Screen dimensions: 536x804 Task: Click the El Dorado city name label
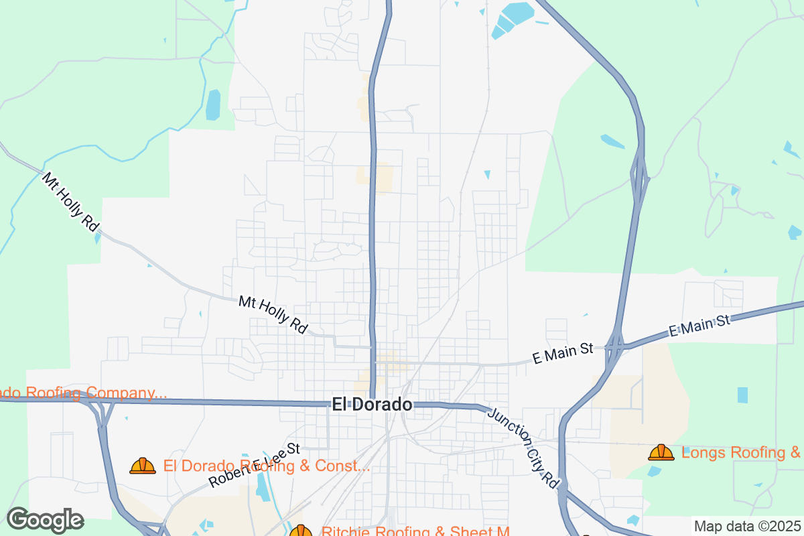(372, 405)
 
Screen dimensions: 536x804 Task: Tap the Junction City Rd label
(523, 448)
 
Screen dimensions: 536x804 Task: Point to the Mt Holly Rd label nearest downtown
(273, 315)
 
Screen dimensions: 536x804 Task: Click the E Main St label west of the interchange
(563, 353)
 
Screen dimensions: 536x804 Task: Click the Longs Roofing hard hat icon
(661, 453)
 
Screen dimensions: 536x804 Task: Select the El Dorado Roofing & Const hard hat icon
(143, 466)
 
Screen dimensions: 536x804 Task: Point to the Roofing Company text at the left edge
(80, 393)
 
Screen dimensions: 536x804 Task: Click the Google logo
(45, 519)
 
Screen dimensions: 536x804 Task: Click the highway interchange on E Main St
(615, 347)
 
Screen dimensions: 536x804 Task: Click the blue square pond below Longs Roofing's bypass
(742, 395)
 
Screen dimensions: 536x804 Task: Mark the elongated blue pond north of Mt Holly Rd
(213, 105)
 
